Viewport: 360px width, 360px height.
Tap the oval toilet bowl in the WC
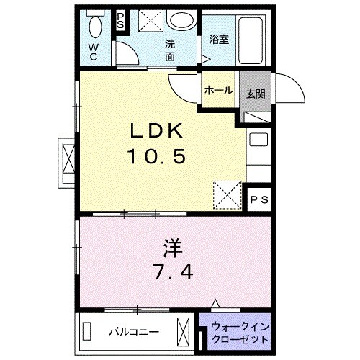[94, 28]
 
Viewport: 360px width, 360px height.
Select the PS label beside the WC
[120, 20]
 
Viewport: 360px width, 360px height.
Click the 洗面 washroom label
[171, 48]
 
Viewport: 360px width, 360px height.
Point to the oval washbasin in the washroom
[184, 19]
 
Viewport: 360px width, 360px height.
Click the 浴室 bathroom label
[220, 40]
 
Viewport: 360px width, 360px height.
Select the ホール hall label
[218, 90]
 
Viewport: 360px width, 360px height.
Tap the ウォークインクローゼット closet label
[240, 333]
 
